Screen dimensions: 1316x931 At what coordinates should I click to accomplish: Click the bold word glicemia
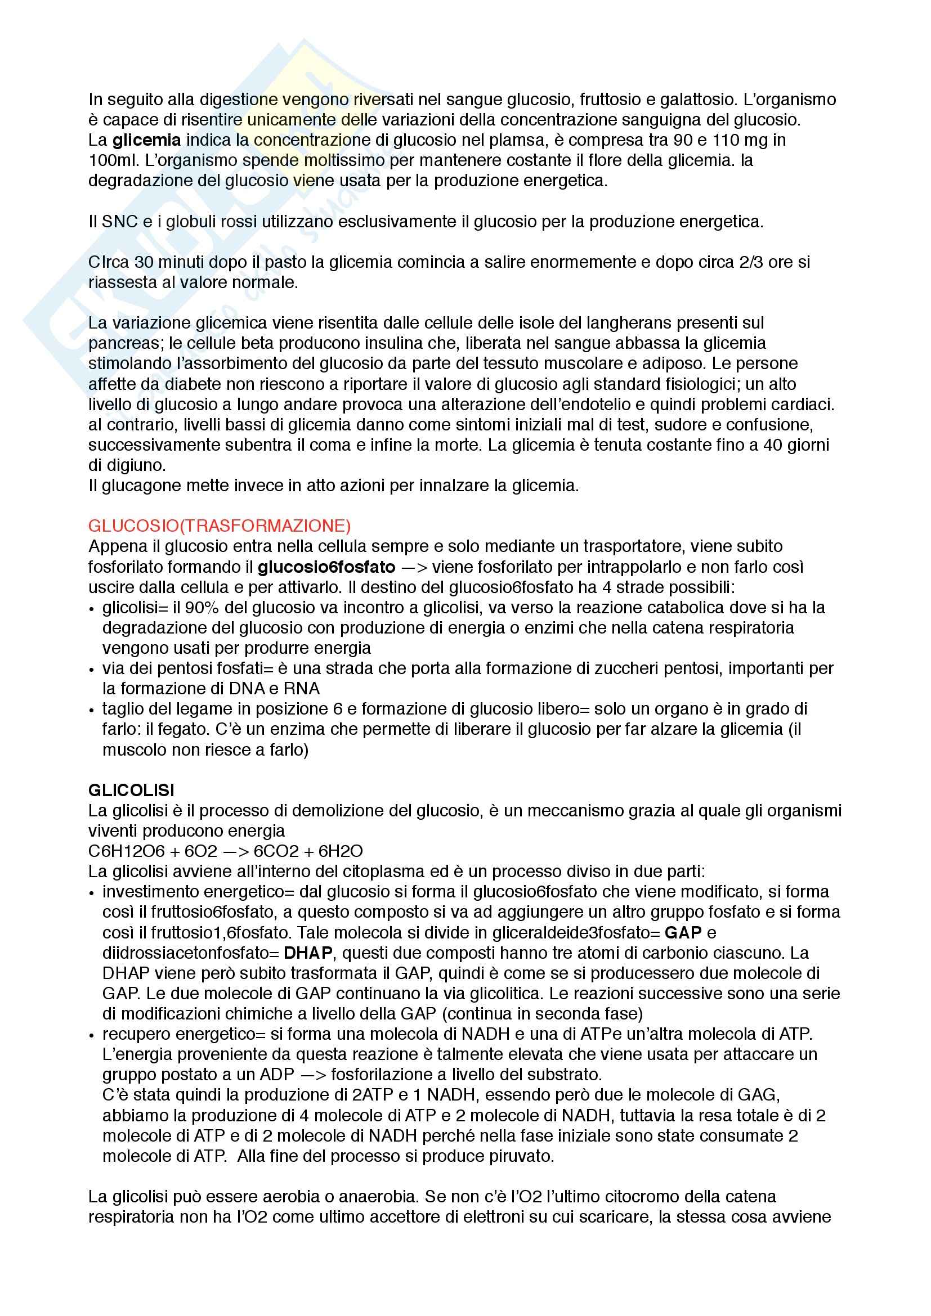pyautogui.click(x=146, y=140)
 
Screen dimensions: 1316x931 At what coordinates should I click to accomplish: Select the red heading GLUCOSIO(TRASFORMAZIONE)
pyautogui.click(x=219, y=525)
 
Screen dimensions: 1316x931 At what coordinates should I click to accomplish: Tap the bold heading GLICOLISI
pyautogui.click(x=131, y=791)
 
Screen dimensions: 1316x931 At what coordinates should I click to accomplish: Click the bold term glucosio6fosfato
pyautogui.click(x=326, y=567)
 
